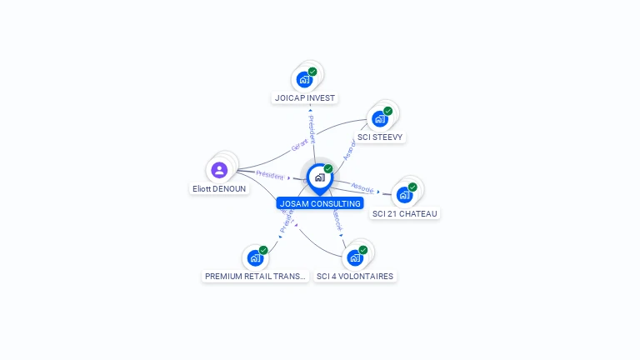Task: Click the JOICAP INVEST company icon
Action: (304, 80)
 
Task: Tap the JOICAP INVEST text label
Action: (305, 97)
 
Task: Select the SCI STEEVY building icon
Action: (380, 119)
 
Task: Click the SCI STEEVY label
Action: (380, 137)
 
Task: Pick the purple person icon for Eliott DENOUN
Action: (219, 170)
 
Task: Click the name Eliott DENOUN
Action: (219, 189)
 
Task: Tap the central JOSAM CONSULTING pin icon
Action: (319, 177)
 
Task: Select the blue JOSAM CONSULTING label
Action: (320, 203)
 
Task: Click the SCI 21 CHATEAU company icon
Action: (404, 195)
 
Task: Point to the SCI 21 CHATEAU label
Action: (405, 213)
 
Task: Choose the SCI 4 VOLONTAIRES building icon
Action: (355, 257)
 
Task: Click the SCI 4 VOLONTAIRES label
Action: (355, 276)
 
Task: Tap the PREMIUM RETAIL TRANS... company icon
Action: (255, 257)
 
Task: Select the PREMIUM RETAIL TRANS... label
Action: (256, 276)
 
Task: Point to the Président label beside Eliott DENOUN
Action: (270, 175)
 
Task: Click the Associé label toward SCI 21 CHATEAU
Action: (362, 187)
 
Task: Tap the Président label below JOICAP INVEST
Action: (312, 129)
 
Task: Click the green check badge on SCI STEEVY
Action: (387, 111)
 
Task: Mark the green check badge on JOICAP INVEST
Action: (312, 72)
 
